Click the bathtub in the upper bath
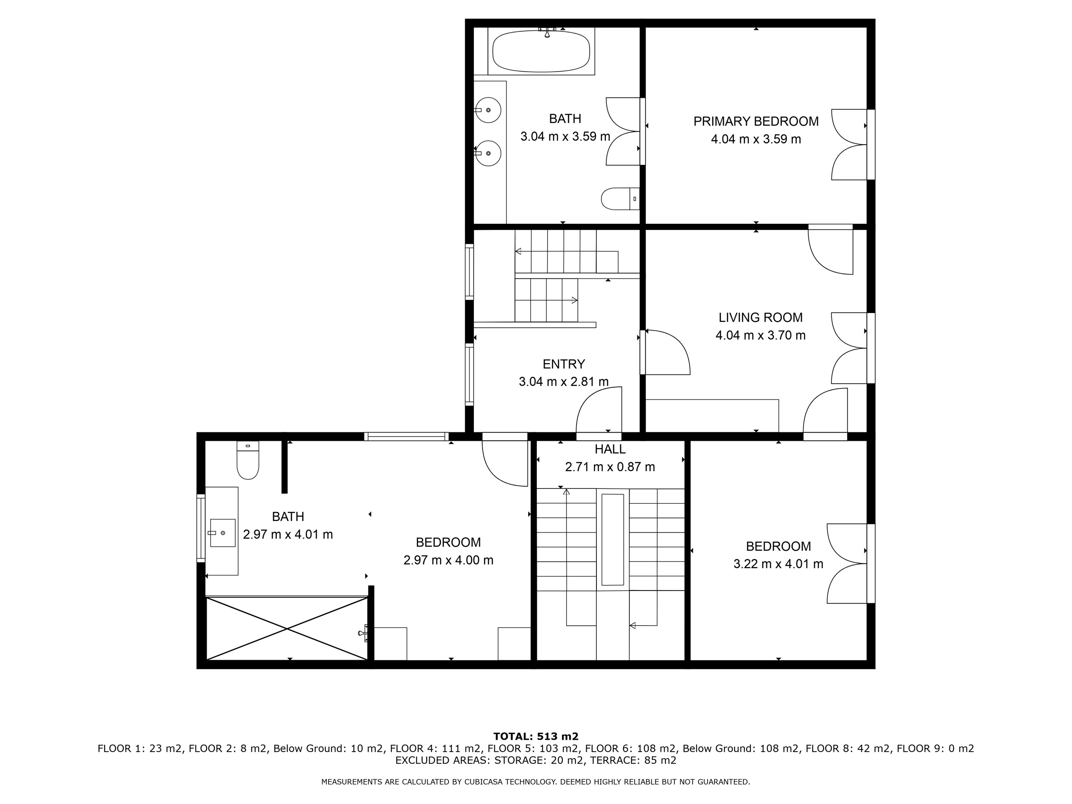point(541,51)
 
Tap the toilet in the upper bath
point(620,199)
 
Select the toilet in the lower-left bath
point(248,460)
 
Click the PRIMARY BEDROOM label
point(756,121)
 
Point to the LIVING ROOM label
point(760,317)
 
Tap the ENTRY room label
point(563,364)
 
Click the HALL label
point(610,449)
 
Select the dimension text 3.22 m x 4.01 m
point(778,564)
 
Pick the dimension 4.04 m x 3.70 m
point(760,335)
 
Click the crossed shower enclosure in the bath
point(287,629)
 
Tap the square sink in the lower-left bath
point(223,533)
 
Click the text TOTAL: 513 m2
point(536,737)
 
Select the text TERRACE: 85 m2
point(633,760)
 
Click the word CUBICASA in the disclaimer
point(487,782)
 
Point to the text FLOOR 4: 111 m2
point(436,749)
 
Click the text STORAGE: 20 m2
point(539,760)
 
